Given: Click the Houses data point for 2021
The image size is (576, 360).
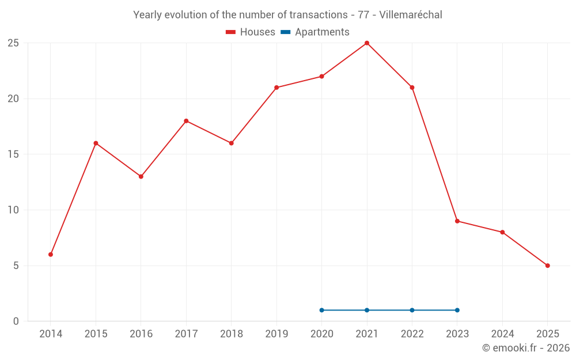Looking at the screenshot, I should pyautogui.click(x=367, y=43).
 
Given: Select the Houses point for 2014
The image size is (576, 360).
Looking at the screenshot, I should pyautogui.click(x=51, y=255).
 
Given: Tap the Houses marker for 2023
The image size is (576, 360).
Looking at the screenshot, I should pyautogui.click(x=457, y=221).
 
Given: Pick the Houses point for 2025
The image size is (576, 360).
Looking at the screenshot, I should pyautogui.click(x=548, y=266).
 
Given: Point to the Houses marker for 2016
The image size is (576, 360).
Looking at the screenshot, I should pyautogui.click(x=141, y=177).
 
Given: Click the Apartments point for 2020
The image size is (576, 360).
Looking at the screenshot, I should pyautogui.click(x=322, y=310).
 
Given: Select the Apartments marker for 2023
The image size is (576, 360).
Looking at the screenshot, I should pyautogui.click(x=457, y=310).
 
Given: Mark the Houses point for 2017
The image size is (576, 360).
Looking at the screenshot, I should pyautogui.click(x=186, y=121).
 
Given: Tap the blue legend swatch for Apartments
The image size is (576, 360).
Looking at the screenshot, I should pyautogui.click(x=285, y=32).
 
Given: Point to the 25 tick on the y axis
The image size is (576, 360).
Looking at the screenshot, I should pyautogui.click(x=13, y=43).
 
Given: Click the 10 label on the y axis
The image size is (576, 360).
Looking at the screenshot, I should pyautogui.click(x=13, y=210).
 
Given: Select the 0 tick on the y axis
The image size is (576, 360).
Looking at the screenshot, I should pyautogui.click(x=16, y=321).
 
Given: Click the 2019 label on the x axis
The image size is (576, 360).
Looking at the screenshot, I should pyautogui.click(x=276, y=334).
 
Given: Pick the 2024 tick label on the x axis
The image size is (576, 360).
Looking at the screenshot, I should pyautogui.click(x=502, y=334).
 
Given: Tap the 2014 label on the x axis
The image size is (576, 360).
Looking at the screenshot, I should pyautogui.click(x=51, y=334).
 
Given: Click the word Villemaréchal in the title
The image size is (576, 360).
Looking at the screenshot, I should pyautogui.click(x=411, y=15).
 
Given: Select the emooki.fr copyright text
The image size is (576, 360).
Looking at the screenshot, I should pyautogui.click(x=526, y=348).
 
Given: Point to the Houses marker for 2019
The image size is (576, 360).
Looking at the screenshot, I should pyautogui.click(x=276, y=88).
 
